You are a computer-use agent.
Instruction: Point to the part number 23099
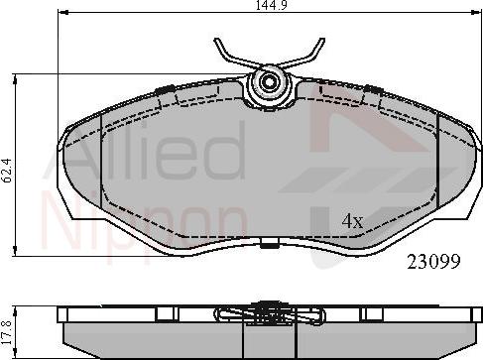435,263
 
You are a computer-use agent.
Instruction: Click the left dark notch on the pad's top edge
165,90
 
